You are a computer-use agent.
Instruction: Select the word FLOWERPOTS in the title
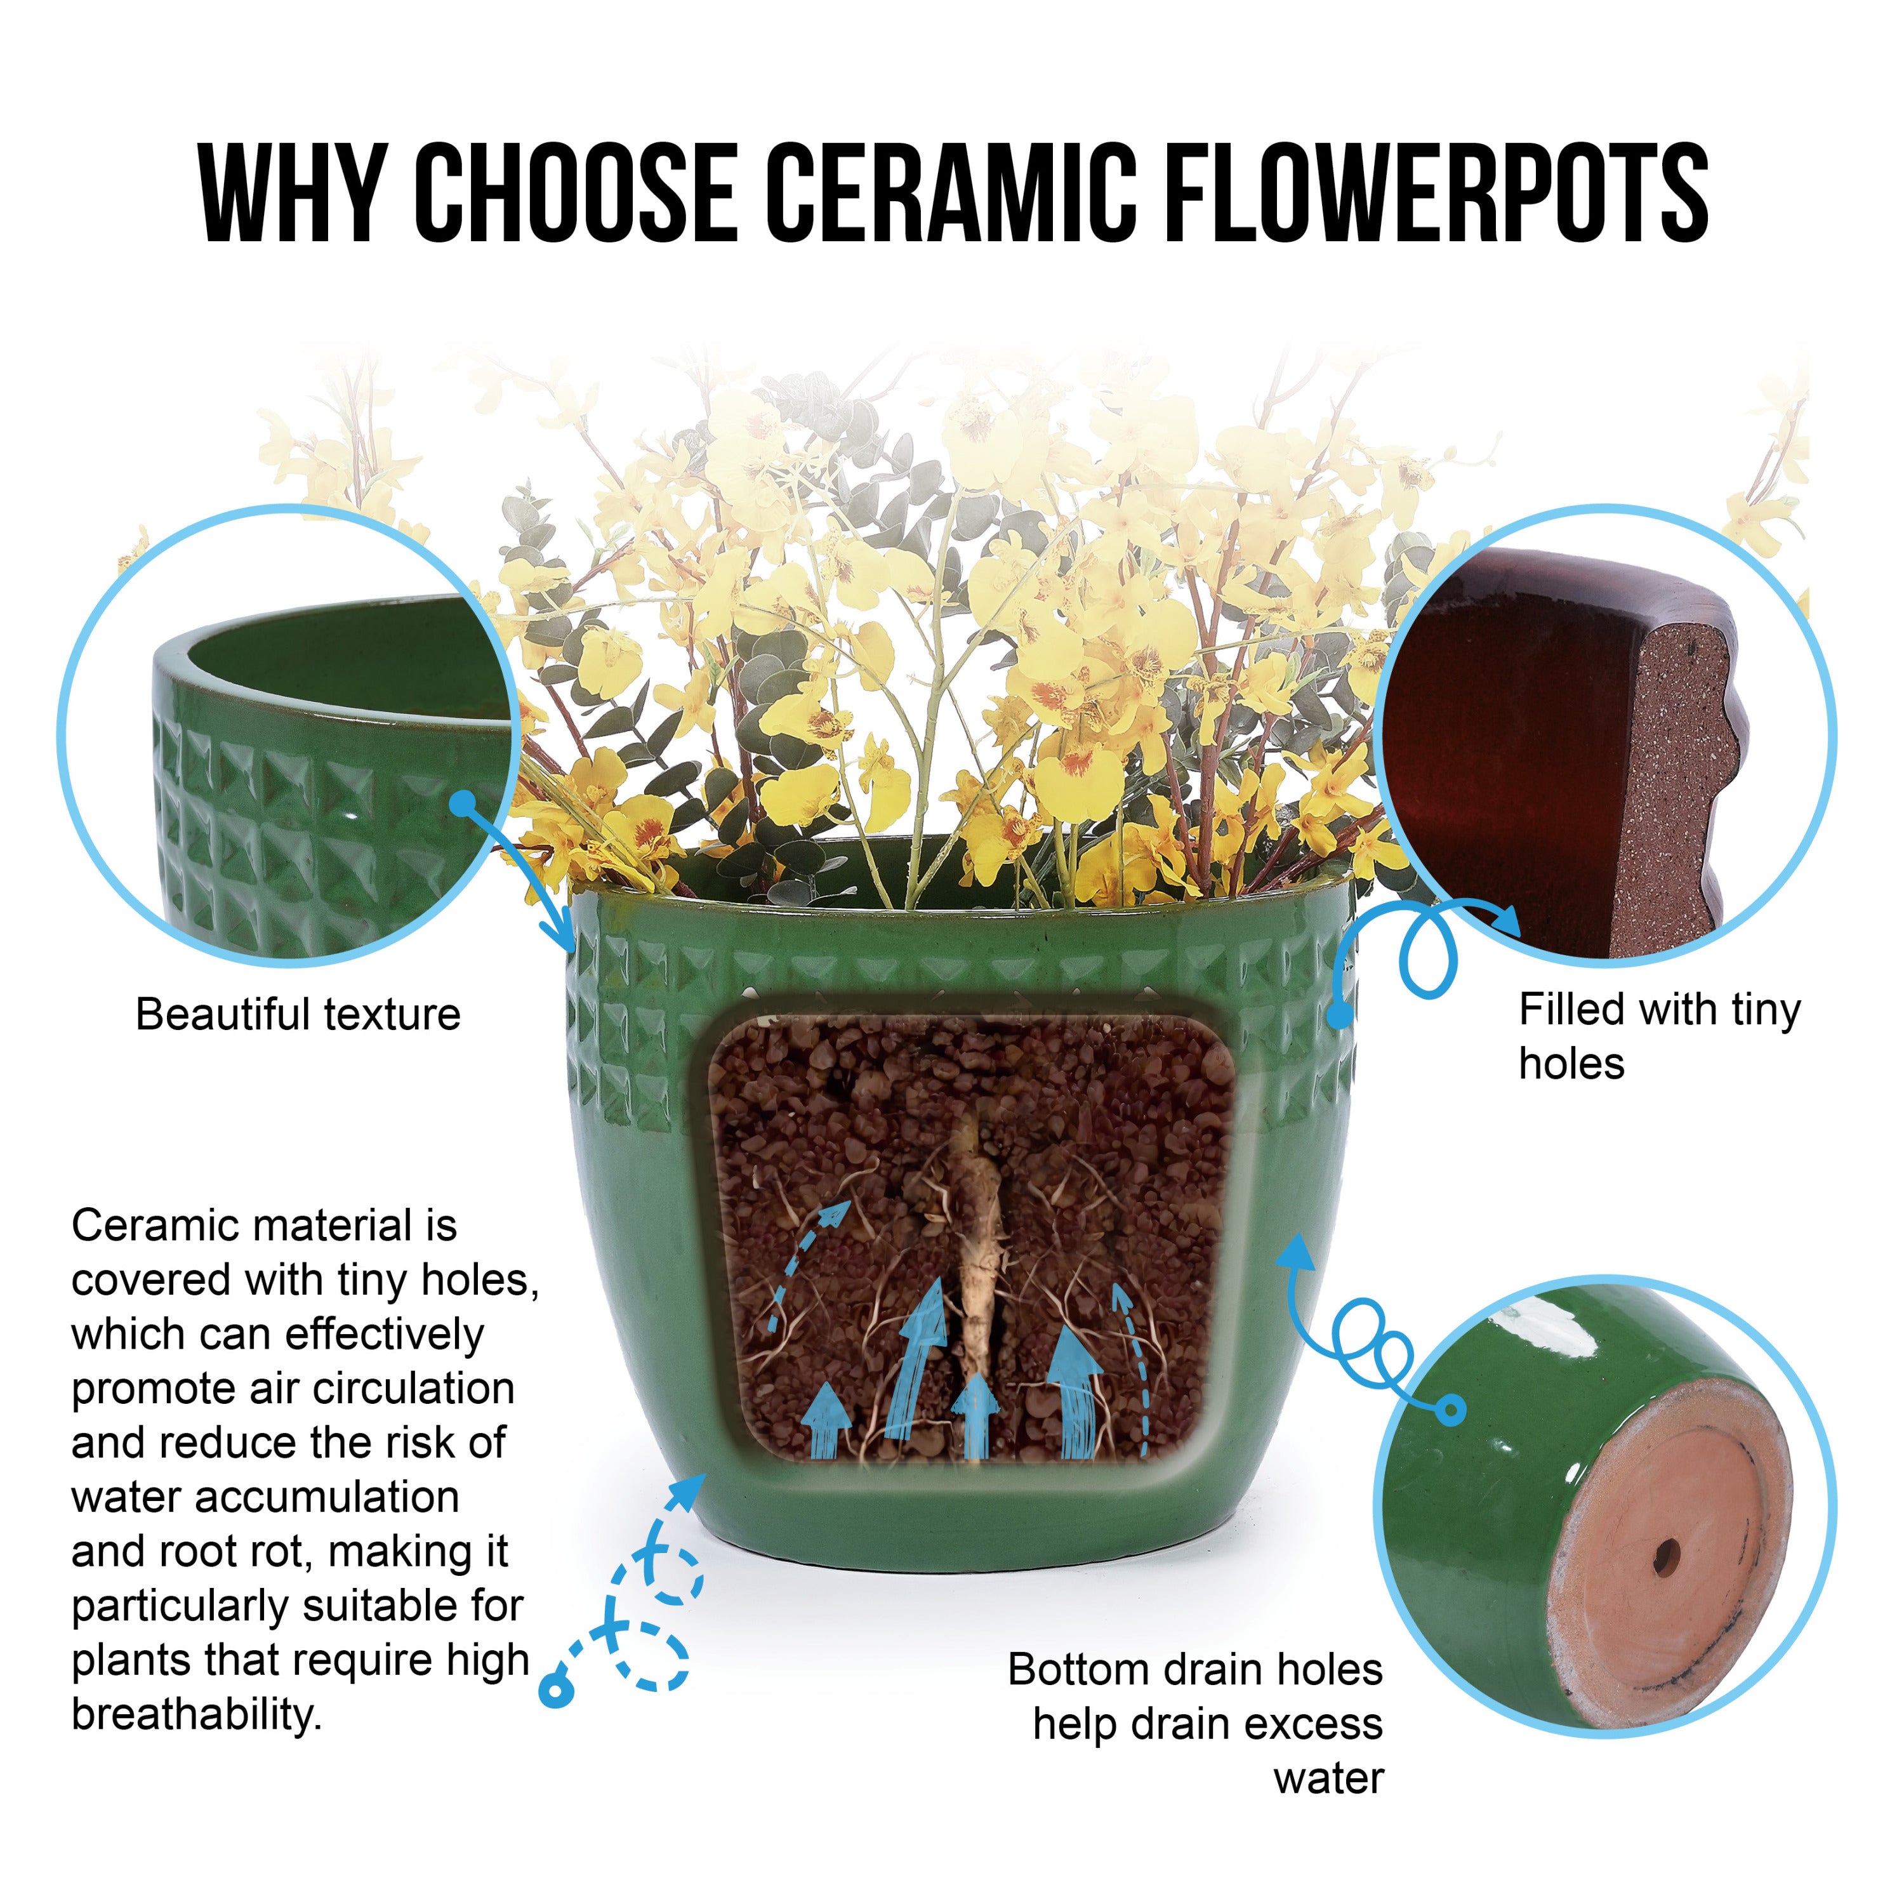[x=1437, y=192]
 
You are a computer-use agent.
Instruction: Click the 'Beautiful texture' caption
[x=298, y=1014]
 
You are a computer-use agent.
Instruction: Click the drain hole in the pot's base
[x=1667, y=1557]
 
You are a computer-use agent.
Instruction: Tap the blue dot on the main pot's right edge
[x=1339, y=1014]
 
